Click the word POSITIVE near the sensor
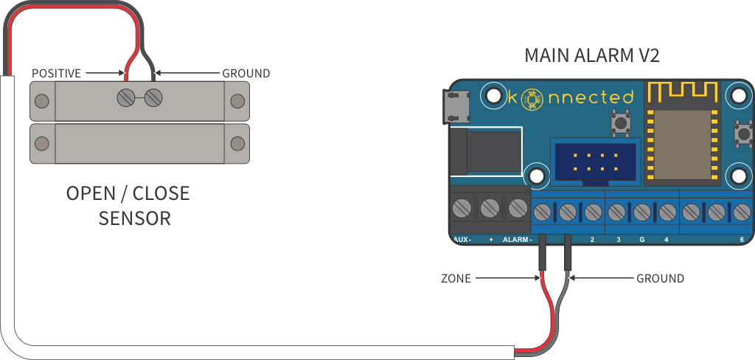point(56,73)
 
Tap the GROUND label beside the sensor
point(246,73)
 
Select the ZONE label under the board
point(456,279)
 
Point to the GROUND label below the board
point(660,279)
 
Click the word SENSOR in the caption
point(135,218)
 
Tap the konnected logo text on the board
point(571,97)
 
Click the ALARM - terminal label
point(517,240)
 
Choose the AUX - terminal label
point(462,240)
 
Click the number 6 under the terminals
point(741,240)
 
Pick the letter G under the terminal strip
point(641,240)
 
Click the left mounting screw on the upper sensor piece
point(42,100)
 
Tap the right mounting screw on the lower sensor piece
point(237,142)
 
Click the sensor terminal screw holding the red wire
point(128,97)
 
